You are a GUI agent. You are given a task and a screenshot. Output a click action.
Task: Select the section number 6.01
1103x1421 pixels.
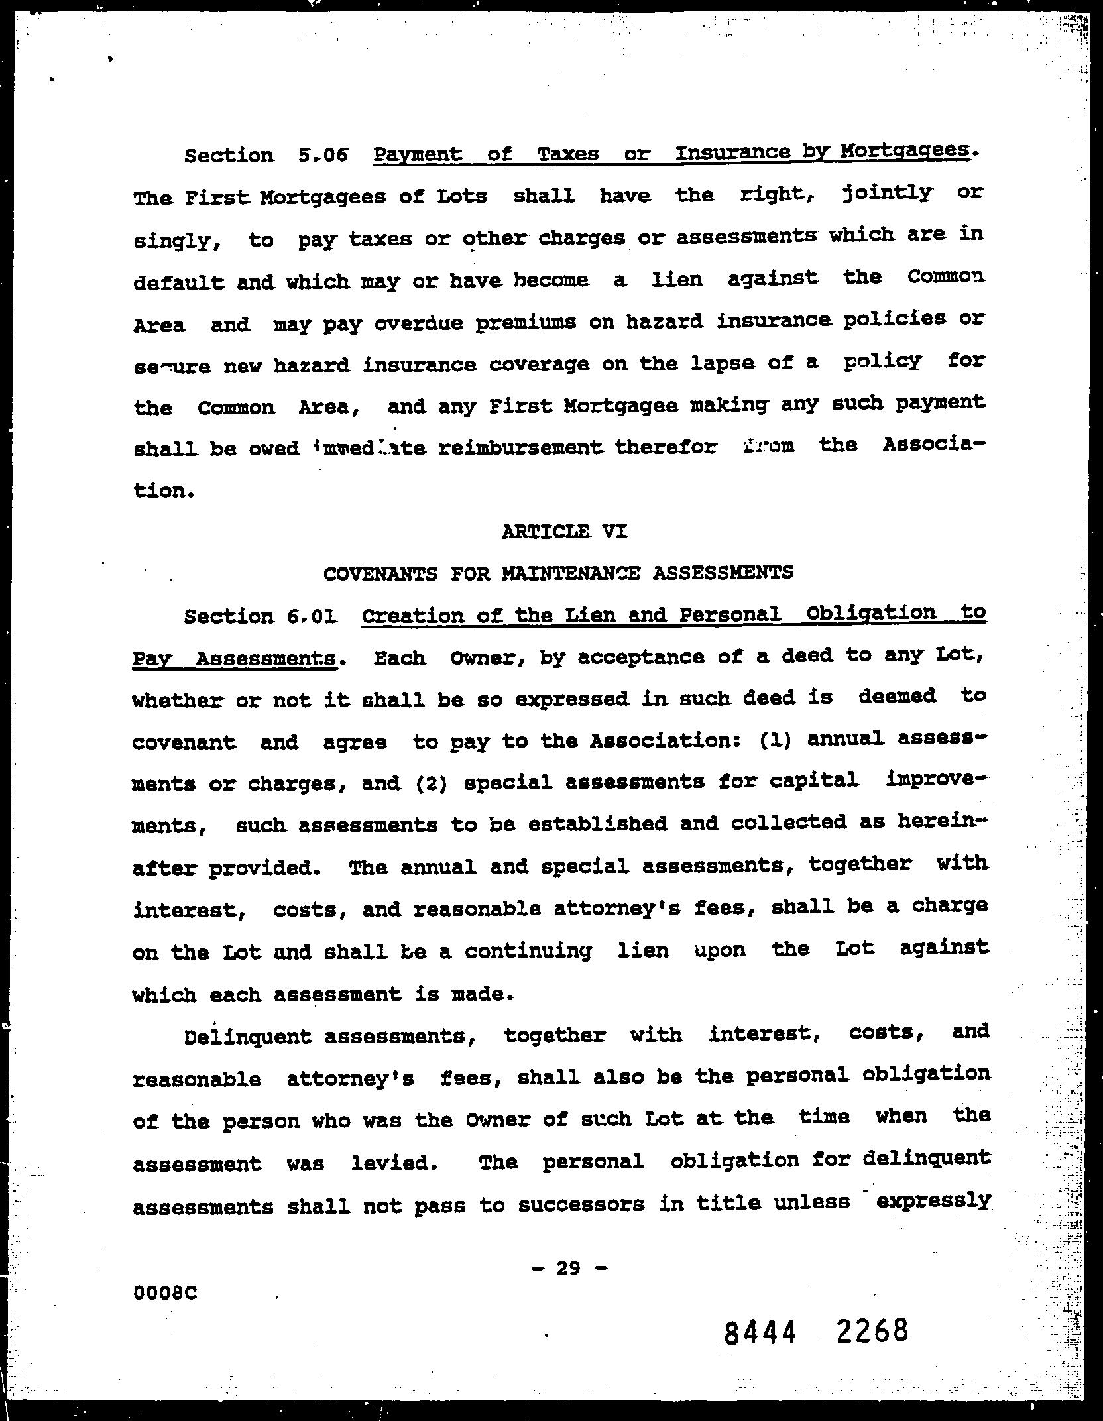click(x=312, y=616)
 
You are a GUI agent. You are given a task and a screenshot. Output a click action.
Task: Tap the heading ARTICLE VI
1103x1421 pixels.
click(x=564, y=531)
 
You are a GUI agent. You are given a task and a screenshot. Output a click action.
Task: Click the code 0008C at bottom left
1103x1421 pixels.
click(x=165, y=1293)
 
